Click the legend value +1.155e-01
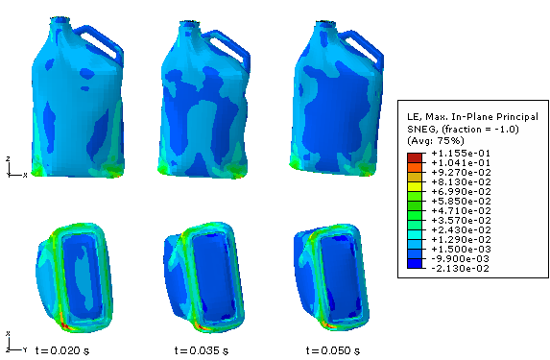click(x=461, y=153)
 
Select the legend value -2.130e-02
click(x=461, y=269)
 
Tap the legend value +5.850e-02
click(x=461, y=201)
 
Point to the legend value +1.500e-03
click(x=461, y=250)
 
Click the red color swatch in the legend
click(x=415, y=157)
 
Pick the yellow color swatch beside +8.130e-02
click(x=415, y=186)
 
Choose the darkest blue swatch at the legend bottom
click(x=415, y=263)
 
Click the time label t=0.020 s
click(x=62, y=350)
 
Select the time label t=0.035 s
click(x=202, y=350)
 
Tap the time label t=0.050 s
click(x=333, y=350)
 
